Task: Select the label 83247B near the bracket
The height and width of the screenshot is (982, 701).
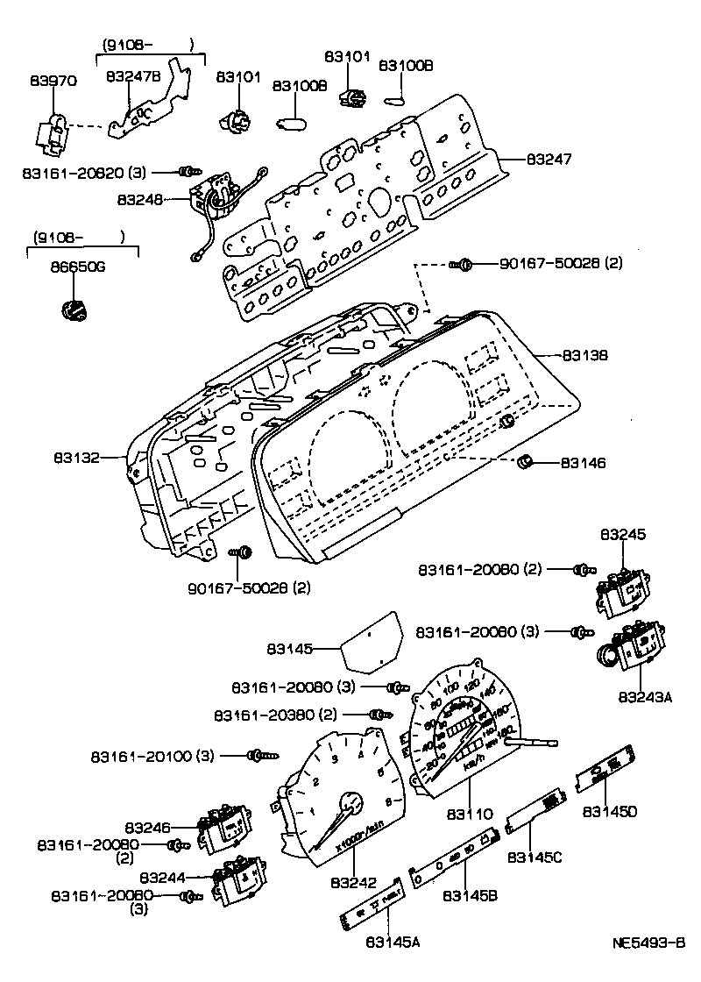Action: [133, 77]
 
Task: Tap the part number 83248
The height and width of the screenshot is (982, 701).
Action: [140, 200]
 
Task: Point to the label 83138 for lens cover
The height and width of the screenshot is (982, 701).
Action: [584, 356]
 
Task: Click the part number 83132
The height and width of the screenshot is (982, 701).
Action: [76, 457]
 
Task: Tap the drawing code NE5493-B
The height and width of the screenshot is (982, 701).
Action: [648, 943]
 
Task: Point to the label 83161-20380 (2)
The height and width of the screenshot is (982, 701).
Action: [275, 715]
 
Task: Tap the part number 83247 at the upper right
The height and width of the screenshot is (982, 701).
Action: [549, 160]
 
